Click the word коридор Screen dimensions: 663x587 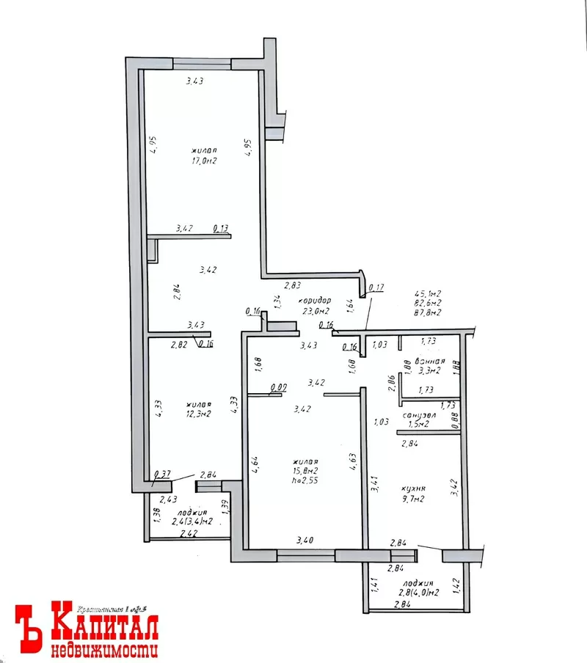click(314, 301)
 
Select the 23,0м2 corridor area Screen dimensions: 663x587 click(314, 312)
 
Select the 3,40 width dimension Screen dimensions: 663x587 click(305, 541)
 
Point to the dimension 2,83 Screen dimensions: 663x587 click(293, 285)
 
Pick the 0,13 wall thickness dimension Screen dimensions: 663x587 click(220, 229)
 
